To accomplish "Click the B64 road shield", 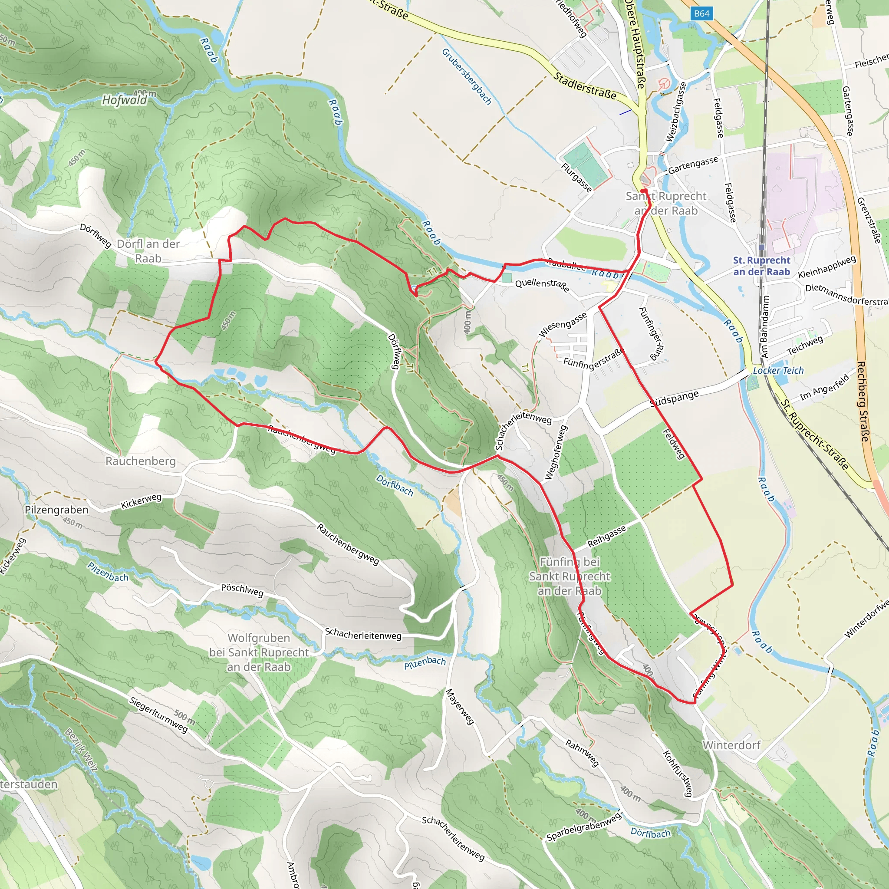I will (x=701, y=14).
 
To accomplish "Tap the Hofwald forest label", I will (x=124, y=100).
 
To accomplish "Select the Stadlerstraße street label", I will (x=584, y=86).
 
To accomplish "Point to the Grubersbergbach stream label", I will (x=466, y=76).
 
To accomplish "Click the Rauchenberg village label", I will (x=140, y=461).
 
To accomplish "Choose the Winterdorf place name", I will (x=731, y=745).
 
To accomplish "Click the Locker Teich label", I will (x=778, y=370).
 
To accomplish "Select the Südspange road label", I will (x=674, y=398).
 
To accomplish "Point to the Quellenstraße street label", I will (x=542, y=285).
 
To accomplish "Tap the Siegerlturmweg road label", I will (x=158, y=714).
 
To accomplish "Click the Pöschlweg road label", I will (x=242, y=590).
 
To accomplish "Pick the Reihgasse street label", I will (x=606, y=536).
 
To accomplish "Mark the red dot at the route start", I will (x=644, y=191).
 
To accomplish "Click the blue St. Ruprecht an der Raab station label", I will (x=761, y=266).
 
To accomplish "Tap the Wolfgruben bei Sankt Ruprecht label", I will (x=259, y=652).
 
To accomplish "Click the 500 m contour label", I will (x=184, y=716).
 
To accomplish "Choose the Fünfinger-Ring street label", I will (x=652, y=334).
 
